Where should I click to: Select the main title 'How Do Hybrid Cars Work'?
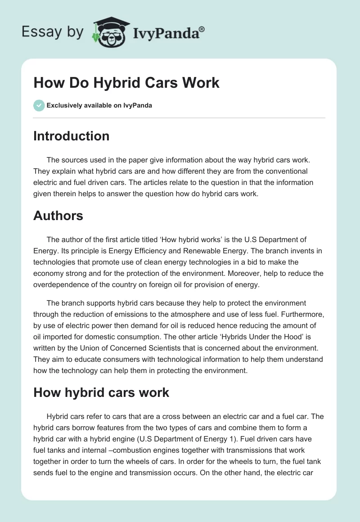126,83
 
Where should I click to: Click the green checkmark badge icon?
38,105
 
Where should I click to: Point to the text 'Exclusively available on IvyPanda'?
99,106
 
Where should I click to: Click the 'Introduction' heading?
71,136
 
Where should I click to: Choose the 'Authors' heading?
58,216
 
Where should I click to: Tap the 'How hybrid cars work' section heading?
101,392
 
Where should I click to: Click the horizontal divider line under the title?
179,118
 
